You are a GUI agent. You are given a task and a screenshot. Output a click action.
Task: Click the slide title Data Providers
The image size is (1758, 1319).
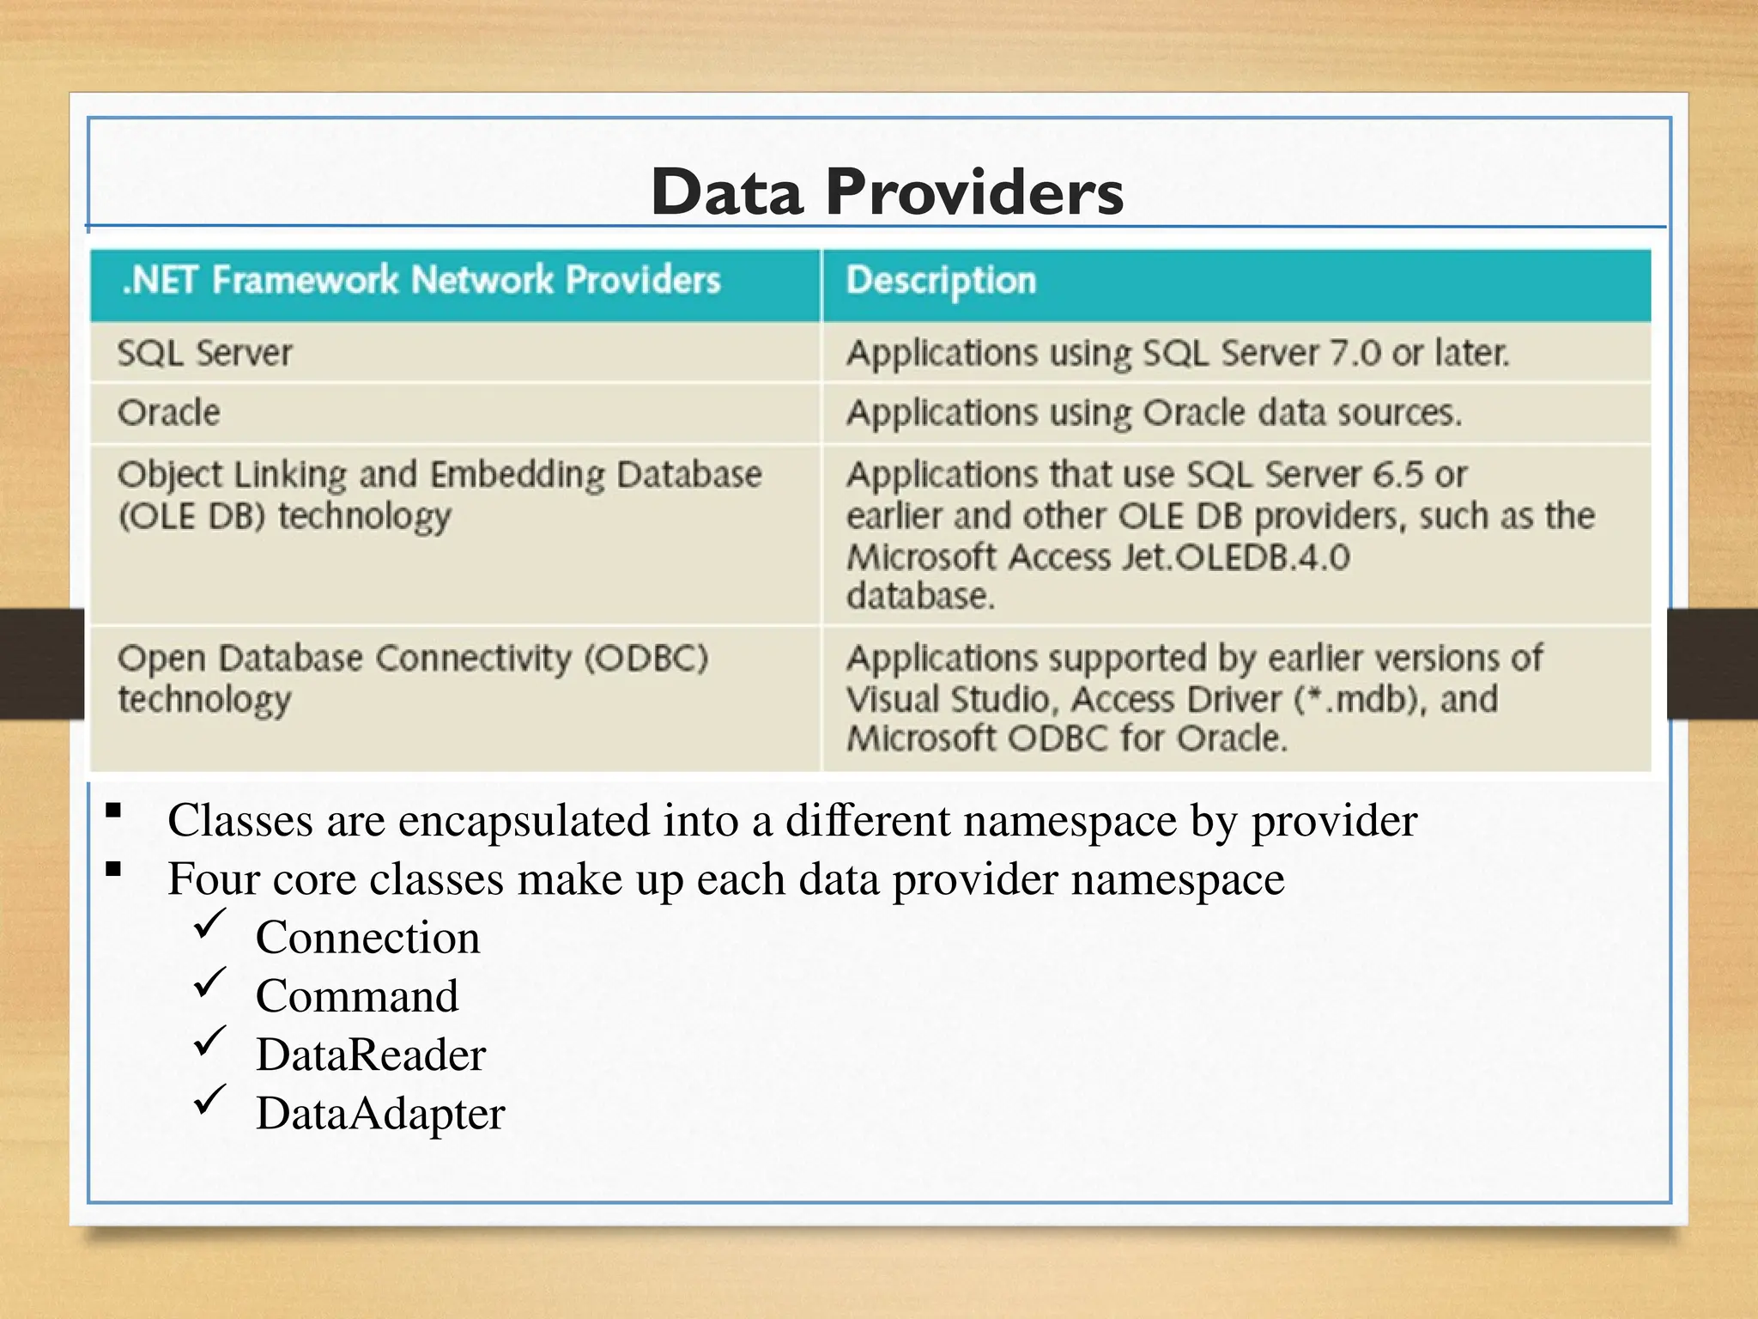pyautogui.click(x=886, y=191)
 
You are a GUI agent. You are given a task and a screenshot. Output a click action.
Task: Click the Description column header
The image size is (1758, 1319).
pyautogui.click(x=941, y=281)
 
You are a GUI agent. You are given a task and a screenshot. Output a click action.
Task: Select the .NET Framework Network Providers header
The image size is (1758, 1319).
pyautogui.click(x=421, y=281)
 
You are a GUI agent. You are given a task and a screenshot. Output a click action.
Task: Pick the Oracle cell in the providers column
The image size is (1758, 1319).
pyautogui.click(x=169, y=413)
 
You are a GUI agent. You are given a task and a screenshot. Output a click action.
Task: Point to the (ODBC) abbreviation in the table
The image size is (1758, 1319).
pyautogui.click(x=646, y=659)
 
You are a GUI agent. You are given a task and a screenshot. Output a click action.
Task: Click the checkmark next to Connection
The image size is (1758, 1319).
pyautogui.click(x=209, y=925)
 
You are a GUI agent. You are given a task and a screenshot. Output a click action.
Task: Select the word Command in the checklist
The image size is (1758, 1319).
pyautogui.click(x=357, y=996)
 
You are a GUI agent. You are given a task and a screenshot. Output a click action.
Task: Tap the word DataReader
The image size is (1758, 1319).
pyautogui.click(x=370, y=1055)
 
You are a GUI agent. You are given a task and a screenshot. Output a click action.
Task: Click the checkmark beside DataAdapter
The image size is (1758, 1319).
pyautogui.click(x=209, y=1100)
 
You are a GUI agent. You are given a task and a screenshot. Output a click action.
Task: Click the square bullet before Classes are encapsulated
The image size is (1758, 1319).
pyautogui.click(x=113, y=810)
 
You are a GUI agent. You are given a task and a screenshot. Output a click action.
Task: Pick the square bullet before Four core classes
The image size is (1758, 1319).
pyautogui.click(x=113, y=869)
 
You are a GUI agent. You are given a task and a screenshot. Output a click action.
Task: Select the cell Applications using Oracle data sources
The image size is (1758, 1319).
pyautogui.click(x=1154, y=413)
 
